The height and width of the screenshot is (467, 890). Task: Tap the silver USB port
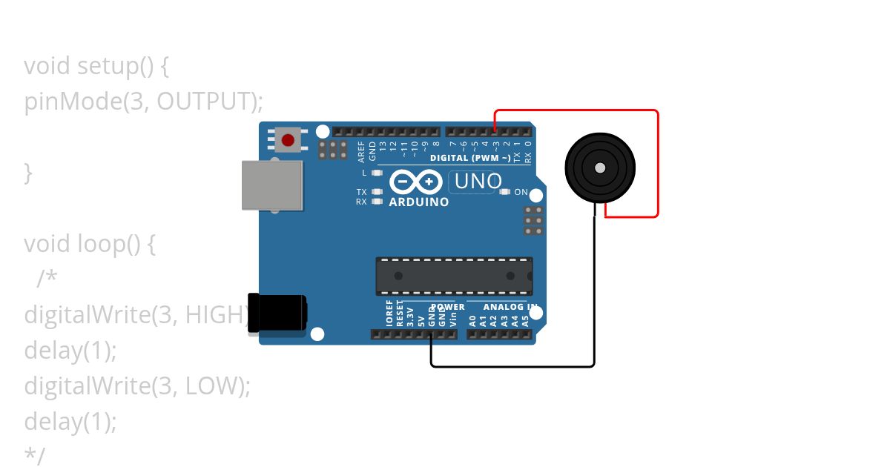point(271,185)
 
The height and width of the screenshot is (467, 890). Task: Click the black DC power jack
point(276,312)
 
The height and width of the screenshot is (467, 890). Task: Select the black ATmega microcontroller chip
point(454,276)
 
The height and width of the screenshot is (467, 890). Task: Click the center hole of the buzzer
point(600,168)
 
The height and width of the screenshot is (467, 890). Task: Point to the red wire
point(657,163)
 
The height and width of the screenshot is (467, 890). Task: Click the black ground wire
point(593,297)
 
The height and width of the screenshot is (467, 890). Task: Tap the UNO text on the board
point(478,181)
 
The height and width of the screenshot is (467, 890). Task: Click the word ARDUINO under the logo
point(419,202)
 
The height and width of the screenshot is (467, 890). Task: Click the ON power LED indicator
point(505,192)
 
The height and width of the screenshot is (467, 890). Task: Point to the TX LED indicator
point(377,192)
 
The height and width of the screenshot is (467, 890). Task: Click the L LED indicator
point(377,173)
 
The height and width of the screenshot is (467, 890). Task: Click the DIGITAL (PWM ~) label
point(469,158)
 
